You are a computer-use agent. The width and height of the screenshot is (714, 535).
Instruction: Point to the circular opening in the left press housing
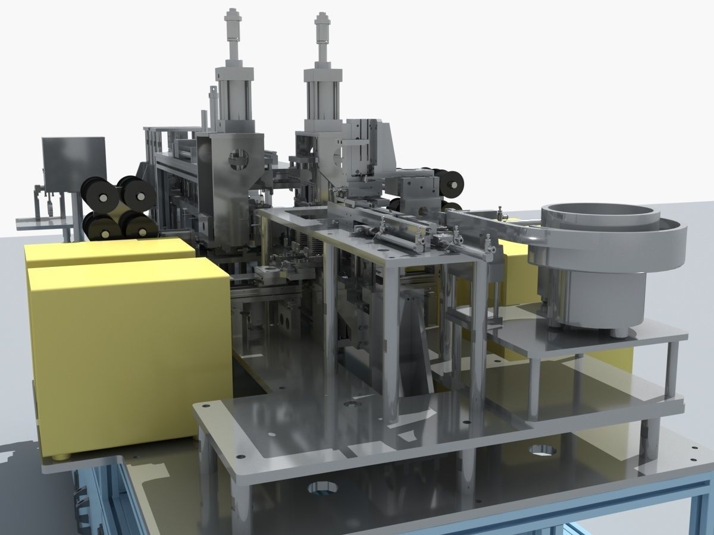pyautogui.click(x=239, y=158)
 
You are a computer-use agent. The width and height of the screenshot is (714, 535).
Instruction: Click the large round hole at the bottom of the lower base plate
pyautogui.click(x=322, y=488)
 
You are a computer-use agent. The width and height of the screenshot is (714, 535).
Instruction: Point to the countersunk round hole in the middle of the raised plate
pyautogui.click(x=352, y=404)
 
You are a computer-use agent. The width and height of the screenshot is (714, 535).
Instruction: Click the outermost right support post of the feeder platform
pyautogui.click(x=672, y=369)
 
